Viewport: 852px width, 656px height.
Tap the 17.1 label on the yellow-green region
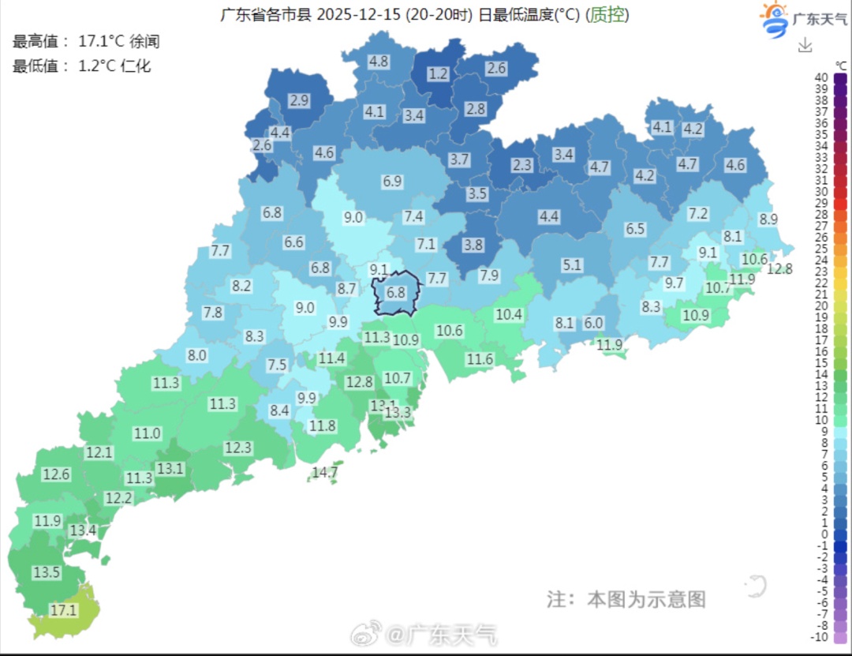[64, 609]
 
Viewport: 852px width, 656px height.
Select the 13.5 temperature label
[47, 572]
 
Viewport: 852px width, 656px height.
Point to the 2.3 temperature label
[522, 165]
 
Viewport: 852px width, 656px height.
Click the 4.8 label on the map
[379, 61]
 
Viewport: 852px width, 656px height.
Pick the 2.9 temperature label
[299, 100]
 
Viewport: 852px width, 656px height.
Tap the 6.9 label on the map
[393, 181]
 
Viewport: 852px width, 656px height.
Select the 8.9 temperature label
[768, 219]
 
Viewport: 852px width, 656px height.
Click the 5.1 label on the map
[572, 265]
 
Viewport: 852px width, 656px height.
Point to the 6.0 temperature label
[593, 323]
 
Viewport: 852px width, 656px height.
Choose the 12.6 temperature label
[57, 474]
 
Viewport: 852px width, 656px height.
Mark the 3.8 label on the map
[473, 245]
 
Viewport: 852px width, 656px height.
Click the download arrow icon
[805, 46]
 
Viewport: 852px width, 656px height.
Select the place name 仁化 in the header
[136, 66]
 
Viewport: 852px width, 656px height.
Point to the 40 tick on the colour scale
[821, 77]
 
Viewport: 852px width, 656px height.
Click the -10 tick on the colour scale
[820, 637]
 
